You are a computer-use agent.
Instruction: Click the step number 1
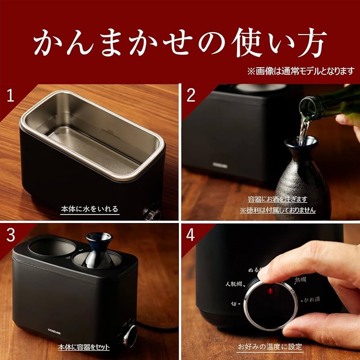pyautogui.click(x=11, y=96)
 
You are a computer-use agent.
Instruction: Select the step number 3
pyautogui.click(x=11, y=235)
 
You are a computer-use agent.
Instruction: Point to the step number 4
pyautogui.click(x=191, y=235)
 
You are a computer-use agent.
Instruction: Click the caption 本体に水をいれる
pyautogui.click(x=90, y=209)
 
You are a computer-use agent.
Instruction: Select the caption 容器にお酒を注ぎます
pyautogui.click(x=277, y=199)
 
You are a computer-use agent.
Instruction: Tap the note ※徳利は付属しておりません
pyautogui.click(x=277, y=210)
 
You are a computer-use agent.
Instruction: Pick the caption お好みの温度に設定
pyautogui.click(x=269, y=347)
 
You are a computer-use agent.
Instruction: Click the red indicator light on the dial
pyautogui.click(x=270, y=290)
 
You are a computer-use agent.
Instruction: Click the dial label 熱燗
pyautogui.click(x=302, y=278)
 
